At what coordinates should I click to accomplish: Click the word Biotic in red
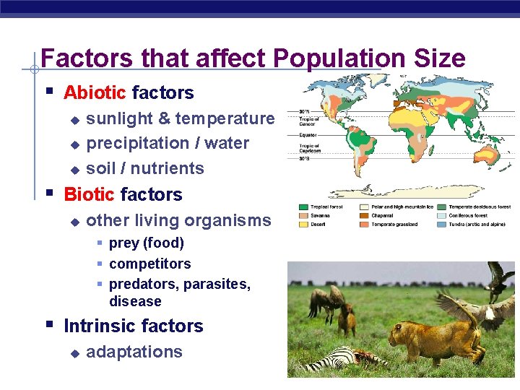(x=89, y=194)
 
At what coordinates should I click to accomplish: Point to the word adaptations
(x=134, y=352)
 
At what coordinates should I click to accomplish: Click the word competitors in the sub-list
(x=149, y=264)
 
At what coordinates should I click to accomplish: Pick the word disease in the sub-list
(x=135, y=301)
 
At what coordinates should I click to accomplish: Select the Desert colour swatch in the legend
(x=303, y=224)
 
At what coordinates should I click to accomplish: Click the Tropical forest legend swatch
(x=303, y=207)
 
